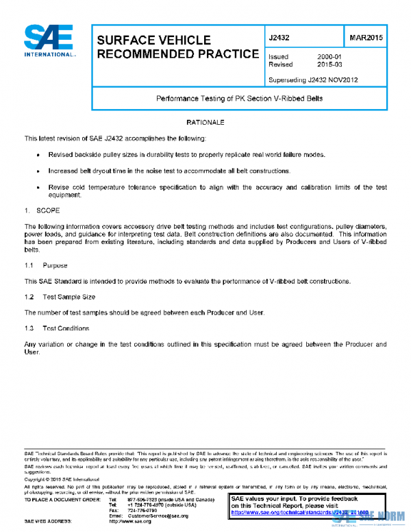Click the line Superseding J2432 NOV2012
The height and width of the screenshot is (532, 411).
313,80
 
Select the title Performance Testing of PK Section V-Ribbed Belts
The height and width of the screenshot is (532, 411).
240,99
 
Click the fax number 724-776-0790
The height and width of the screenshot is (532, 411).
142,510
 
